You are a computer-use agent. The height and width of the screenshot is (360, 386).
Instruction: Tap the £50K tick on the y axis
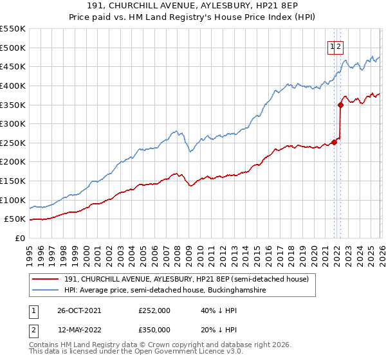15,219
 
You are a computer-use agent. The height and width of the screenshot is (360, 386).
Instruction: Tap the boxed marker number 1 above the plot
332,46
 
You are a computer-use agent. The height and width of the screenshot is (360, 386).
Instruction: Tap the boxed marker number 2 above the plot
338,46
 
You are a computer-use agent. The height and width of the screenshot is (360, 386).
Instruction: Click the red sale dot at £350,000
340,105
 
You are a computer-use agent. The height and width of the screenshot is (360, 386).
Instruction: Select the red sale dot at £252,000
334,142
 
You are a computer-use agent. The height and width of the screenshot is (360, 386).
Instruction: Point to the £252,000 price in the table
154,310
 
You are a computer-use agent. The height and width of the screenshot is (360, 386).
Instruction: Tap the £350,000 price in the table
154,329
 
